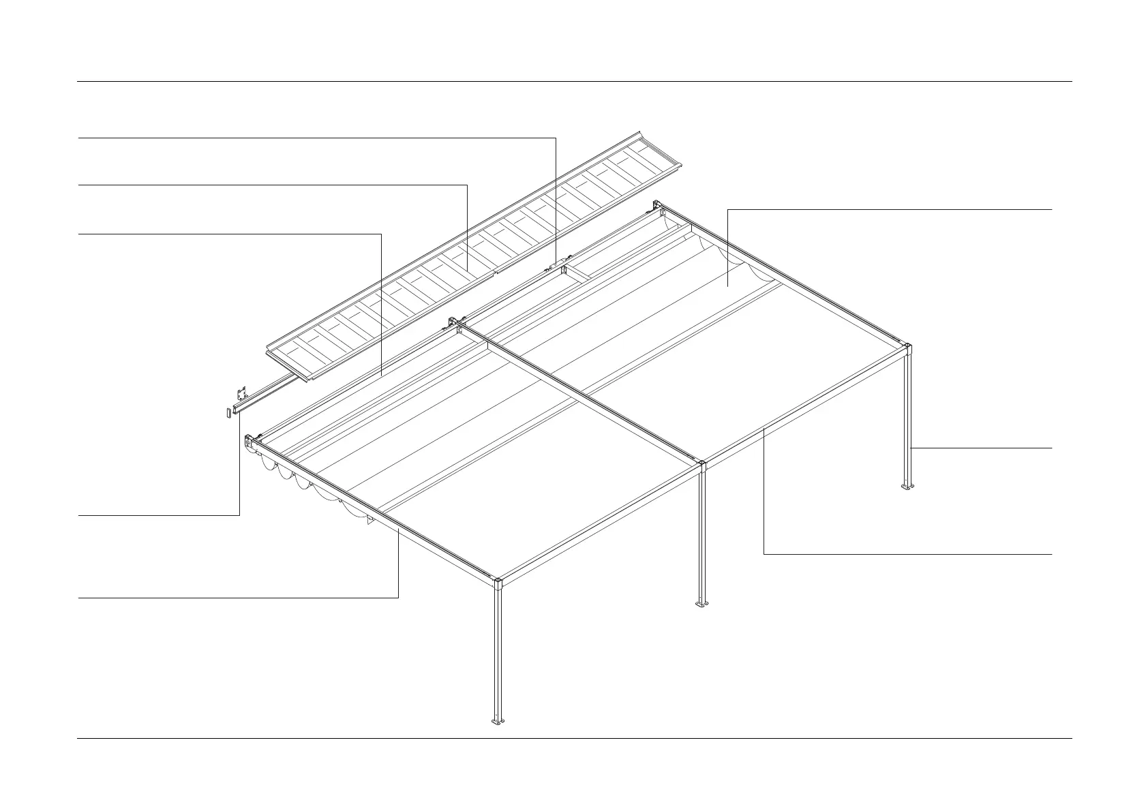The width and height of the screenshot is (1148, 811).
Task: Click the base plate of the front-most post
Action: click(x=497, y=721)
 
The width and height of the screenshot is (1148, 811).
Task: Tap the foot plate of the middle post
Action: click(x=702, y=604)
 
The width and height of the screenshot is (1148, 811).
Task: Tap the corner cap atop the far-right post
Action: click(x=908, y=349)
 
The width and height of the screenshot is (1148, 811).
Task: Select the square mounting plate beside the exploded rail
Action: click(x=241, y=394)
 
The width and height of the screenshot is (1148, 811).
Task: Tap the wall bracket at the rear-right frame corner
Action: click(x=657, y=205)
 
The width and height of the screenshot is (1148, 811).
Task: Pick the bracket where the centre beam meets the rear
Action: click(x=454, y=322)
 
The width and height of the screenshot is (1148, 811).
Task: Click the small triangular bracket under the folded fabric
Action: click(x=369, y=522)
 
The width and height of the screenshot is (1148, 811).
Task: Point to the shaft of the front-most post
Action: click(x=498, y=654)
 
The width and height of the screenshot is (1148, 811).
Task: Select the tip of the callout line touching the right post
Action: click(x=912, y=448)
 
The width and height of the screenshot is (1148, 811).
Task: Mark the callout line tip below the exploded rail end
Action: click(x=240, y=413)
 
